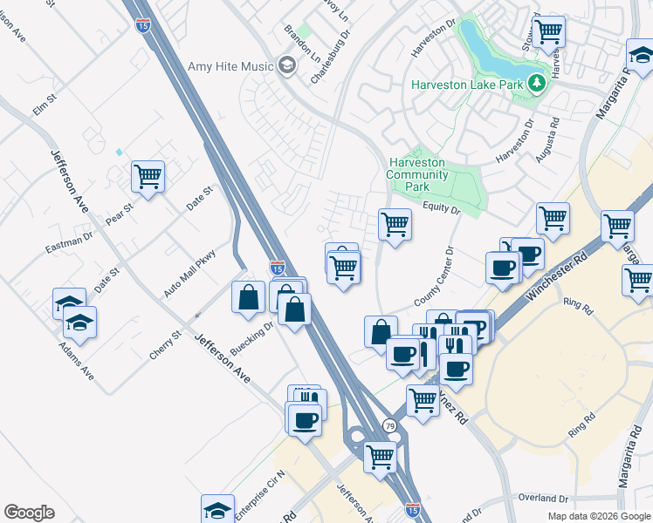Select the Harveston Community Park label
click(417, 174)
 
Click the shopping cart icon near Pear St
click(148, 177)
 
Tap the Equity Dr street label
click(441, 207)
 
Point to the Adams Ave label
click(76, 364)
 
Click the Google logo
click(29, 513)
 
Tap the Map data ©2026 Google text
click(598, 516)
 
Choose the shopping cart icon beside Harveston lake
click(549, 31)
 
